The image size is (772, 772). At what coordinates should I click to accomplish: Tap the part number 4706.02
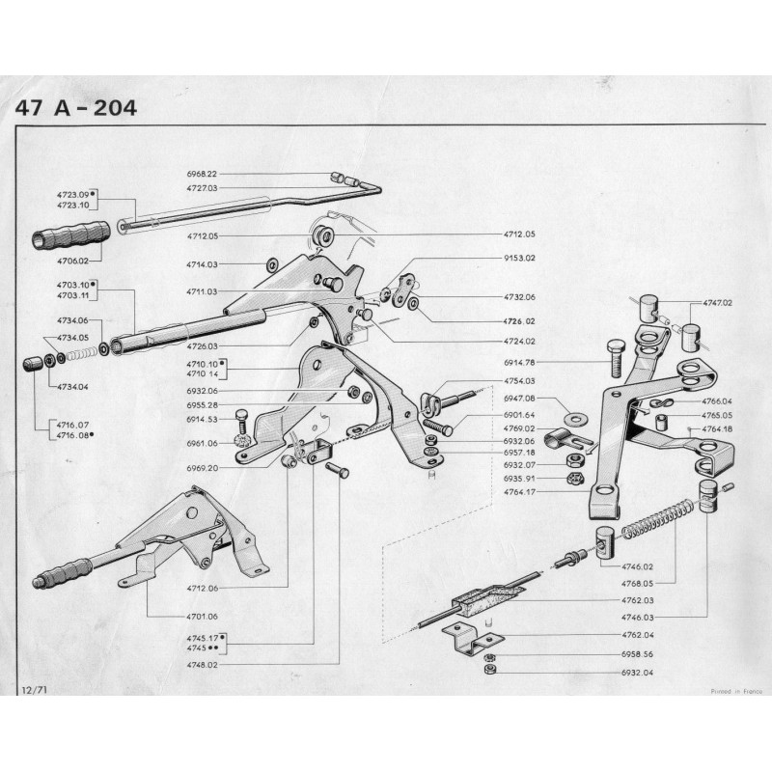(73, 261)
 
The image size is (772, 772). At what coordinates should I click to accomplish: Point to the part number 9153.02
(519, 259)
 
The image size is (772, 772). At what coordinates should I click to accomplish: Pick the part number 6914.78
(519, 362)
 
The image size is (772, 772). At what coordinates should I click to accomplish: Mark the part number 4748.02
(202, 664)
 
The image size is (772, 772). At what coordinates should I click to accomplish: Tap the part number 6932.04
(637, 672)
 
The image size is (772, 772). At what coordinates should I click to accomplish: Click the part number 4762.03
(637, 599)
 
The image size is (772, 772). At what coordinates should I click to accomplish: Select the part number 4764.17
(519, 492)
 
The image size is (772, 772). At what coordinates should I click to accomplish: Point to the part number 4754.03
(519, 381)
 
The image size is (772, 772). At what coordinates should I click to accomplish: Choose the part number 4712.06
(202, 586)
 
